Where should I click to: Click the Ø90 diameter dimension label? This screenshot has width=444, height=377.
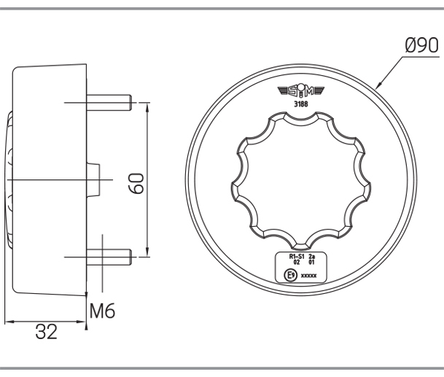pyautogui.click(x=422, y=45)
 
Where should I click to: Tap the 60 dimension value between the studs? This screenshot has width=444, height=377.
pyautogui.click(x=138, y=184)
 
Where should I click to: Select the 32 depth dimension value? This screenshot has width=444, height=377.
pyautogui.click(x=46, y=332)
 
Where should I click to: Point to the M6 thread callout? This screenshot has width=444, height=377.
pyautogui.click(x=102, y=311)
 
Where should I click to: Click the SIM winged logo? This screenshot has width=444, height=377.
pyautogui.click(x=301, y=91)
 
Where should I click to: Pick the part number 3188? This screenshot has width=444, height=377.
pyautogui.click(x=300, y=104)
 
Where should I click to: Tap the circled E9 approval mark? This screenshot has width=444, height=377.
pyautogui.click(x=290, y=275)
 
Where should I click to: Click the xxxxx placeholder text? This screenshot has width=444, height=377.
pyautogui.click(x=308, y=276)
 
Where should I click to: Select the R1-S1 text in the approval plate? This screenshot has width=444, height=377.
pyautogui.click(x=297, y=257)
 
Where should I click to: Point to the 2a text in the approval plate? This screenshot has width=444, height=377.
pyautogui.click(x=311, y=257)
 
